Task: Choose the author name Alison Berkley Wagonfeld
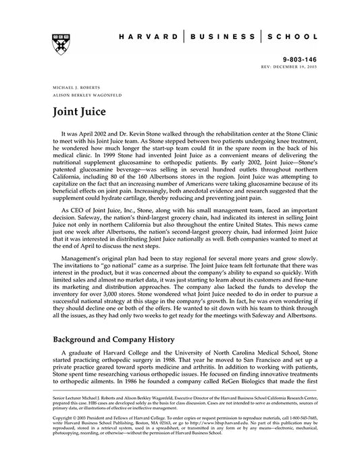[x=85, y=95]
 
